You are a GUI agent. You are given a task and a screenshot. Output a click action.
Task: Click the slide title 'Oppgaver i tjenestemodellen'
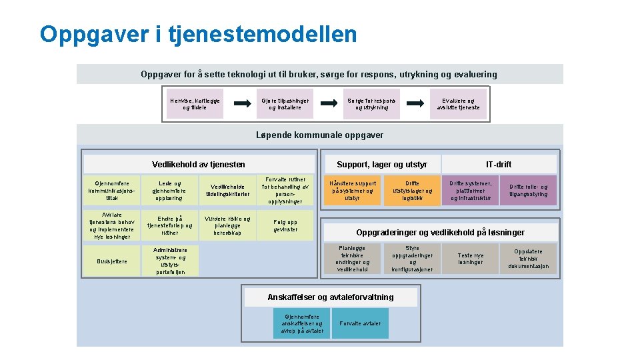[x=198, y=35]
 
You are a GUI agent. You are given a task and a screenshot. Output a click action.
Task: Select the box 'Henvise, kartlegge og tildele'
[x=195, y=104]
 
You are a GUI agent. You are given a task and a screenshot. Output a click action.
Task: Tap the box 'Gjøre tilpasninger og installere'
[x=285, y=104]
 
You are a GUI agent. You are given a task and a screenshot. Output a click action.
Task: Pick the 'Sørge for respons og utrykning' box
[x=371, y=104]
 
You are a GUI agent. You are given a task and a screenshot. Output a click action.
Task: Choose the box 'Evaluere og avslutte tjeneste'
[x=458, y=104]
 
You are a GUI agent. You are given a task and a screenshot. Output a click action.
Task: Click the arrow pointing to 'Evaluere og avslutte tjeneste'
[x=415, y=104]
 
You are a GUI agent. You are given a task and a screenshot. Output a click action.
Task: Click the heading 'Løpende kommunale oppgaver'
[x=319, y=135]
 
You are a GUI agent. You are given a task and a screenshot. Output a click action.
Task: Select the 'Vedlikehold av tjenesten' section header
[x=198, y=164]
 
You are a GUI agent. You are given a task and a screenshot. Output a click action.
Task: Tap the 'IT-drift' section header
[x=499, y=164]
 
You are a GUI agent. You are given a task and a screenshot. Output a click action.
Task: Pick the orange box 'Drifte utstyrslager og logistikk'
[x=412, y=191]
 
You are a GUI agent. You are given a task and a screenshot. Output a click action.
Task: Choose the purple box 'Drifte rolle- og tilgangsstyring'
[x=528, y=191]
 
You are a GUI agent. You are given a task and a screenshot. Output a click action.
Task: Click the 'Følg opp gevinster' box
[x=285, y=225]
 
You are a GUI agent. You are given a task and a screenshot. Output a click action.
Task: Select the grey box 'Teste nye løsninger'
[x=471, y=259]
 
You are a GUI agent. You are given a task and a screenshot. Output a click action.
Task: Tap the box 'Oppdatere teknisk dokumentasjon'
[x=528, y=259]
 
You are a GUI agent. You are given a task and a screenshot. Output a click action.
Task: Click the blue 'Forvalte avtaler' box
[x=360, y=323]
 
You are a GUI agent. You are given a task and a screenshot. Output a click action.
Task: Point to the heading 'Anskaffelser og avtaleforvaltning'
[x=330, y=297]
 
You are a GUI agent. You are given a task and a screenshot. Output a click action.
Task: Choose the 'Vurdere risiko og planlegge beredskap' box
[x=227, y=225]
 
